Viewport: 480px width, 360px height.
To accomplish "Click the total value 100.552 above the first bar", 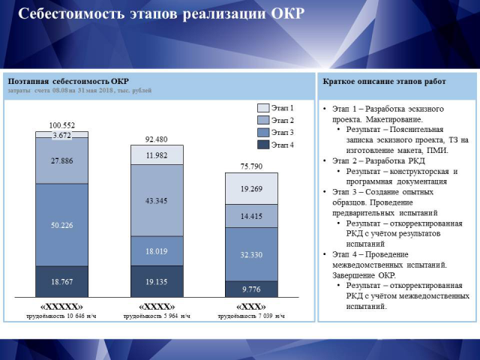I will (x=62, y=125).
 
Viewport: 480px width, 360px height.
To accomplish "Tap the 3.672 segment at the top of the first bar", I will (x=62, y=135).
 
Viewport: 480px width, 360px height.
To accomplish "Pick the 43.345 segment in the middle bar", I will (x=157, y=200).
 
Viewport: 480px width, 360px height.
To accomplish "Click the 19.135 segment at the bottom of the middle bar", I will (x=157, y=282).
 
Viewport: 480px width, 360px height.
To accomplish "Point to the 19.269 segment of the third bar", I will (x=251, y=190).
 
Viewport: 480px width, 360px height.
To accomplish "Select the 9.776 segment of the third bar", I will (x=251, y=289).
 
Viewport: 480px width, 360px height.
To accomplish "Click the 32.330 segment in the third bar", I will (x=251, y=254).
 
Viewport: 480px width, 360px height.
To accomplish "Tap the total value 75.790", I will (x=251, y=166).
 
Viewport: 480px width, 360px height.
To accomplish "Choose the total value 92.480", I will (x=157, y=139).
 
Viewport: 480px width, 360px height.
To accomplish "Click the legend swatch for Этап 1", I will (x=262, y=108).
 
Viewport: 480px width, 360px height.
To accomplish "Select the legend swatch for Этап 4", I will (x=262, y=144).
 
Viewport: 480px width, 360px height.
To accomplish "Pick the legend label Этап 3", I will (x=282, y=132).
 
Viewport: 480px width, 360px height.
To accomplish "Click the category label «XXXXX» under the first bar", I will (x=62, y=307).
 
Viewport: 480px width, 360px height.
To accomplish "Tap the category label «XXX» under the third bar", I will (x=251, y=307).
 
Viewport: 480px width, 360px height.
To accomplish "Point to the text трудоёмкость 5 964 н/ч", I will (x=157, y=316).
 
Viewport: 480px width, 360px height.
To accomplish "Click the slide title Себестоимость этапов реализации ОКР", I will (x=160, y=15).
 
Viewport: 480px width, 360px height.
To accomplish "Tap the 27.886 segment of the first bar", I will (x=62, y=160).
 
